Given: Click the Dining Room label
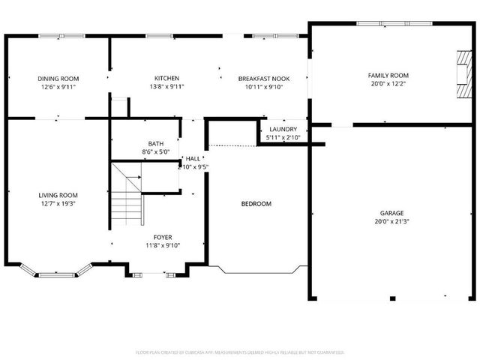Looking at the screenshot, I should pyautogui.click(x=58, y=78).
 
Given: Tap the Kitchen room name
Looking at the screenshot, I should pyautogui.click(x=166, y=78).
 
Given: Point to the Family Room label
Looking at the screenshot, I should pyautogui.click(x=388, y=75).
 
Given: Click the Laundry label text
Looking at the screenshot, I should pyautogui.click(x=283, y=129).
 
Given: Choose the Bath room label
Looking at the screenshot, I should pyautogui.click(x=156, y=143).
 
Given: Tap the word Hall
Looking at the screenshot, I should pyautogui.click(x=193, y=158).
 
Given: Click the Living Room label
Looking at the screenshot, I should pyautogui.click(x=58, y=195).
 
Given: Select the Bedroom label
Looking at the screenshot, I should pyautogui.click(x=256, y=204).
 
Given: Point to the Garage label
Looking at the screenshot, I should pyautogui.click(x=391, y=212).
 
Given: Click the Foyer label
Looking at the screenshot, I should pyautogui.click(x=163, y=237).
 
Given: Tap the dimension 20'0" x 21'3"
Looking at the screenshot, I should pyautogui.click(x=391, y=221).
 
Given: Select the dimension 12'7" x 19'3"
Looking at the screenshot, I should pyautogui.click(x=58, y=203).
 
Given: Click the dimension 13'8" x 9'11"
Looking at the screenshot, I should pyautogui.click(x=166, y=86).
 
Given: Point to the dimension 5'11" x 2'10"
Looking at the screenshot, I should pyautogui.click(x=283, y=137).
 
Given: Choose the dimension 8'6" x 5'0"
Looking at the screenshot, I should pyautogui.click(x=156, y=151).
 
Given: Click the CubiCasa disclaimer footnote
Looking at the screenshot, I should pyautogui.click(x=240, y=352).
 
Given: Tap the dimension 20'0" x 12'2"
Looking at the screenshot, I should pyautogui.click(x=388, y=84).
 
